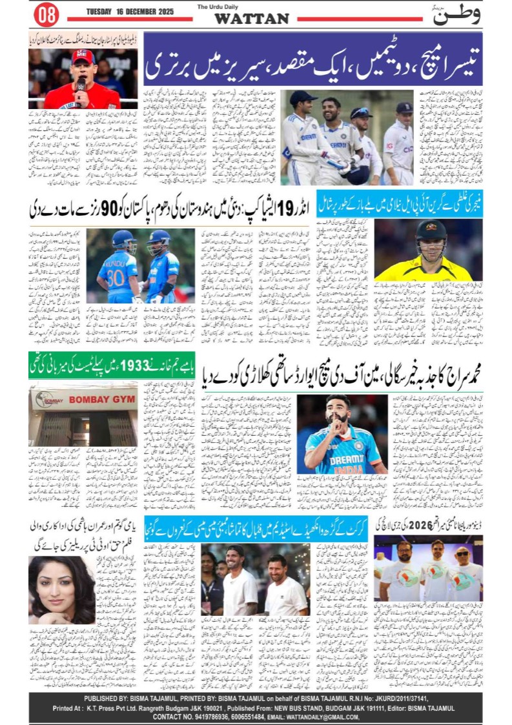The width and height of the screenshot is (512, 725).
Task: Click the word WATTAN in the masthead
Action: (x=251, y=19)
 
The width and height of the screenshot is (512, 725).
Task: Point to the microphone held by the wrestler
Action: (x=81, y=87)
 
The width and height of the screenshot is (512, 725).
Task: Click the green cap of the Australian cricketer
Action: (x=431, y=230)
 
